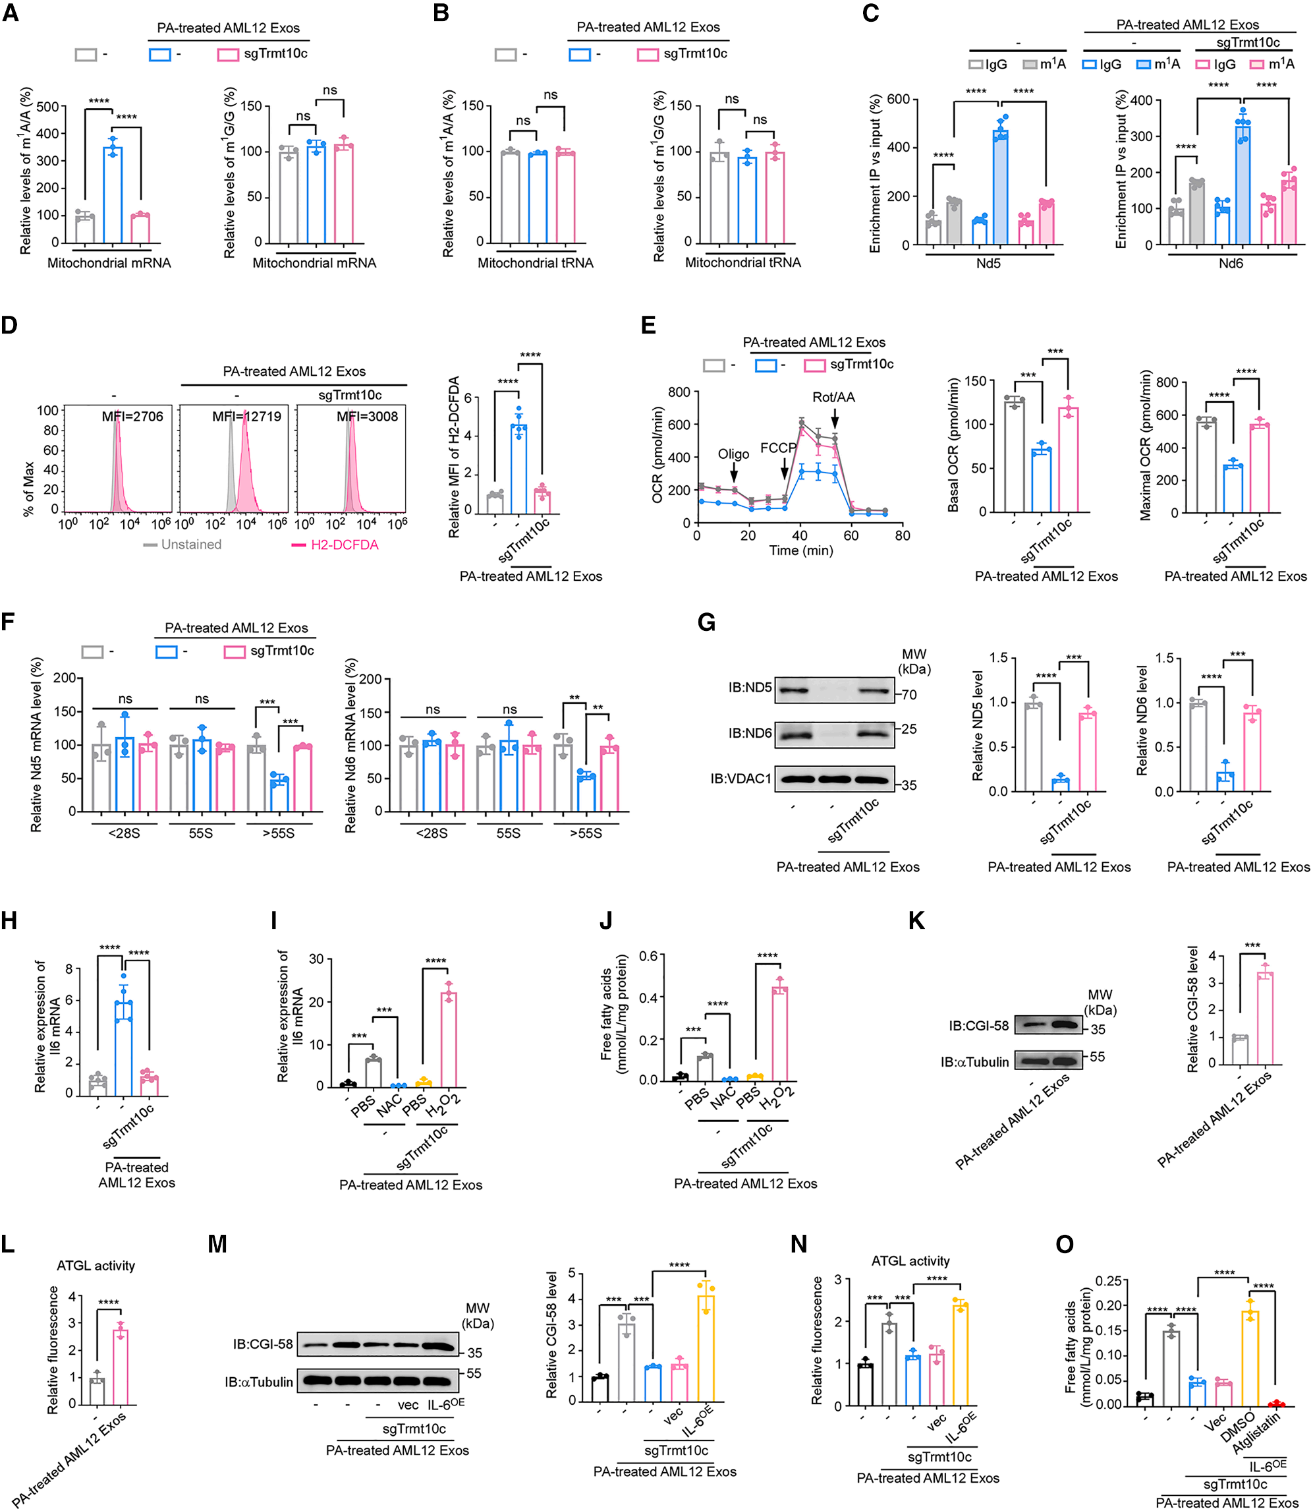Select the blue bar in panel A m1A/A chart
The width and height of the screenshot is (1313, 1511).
(112, 195)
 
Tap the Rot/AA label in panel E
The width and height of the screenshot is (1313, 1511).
(833, 398)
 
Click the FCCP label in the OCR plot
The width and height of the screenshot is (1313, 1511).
(777, 447)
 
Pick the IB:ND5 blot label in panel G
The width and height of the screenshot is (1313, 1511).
(750, 688)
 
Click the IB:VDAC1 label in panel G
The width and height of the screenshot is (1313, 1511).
(740, 778)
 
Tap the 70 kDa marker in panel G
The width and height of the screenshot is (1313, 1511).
(908, 694)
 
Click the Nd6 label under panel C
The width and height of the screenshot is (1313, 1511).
(1230, 263)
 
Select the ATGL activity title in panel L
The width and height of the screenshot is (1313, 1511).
(96, 1265)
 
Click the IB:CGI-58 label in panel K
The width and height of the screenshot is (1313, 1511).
(978, 1026)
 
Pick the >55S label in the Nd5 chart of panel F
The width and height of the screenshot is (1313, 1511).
(279, 833)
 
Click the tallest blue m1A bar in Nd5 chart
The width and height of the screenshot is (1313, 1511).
(1000, 187)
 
